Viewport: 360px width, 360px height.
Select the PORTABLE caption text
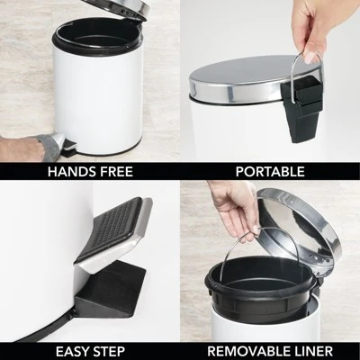point(269,171)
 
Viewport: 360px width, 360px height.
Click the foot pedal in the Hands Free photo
point(60,141)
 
